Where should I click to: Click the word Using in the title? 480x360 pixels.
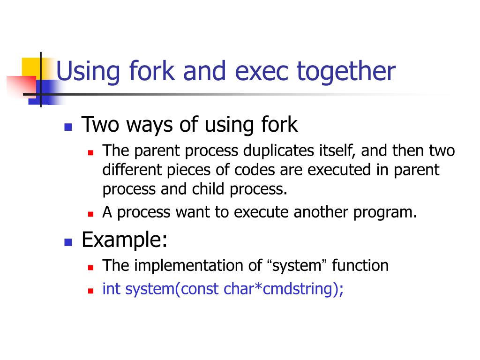(82, 72)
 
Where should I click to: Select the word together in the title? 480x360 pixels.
(346, 72)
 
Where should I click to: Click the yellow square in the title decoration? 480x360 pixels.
(31, 66)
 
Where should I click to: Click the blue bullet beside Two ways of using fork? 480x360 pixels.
(67, 127)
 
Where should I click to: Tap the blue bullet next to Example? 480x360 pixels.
(67, 243)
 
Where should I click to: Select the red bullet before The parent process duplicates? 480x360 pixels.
(91, 152)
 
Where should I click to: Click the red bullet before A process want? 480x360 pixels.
(91, 214)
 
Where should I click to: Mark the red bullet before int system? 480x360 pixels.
(91, 291)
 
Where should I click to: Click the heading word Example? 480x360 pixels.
(124, 240)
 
